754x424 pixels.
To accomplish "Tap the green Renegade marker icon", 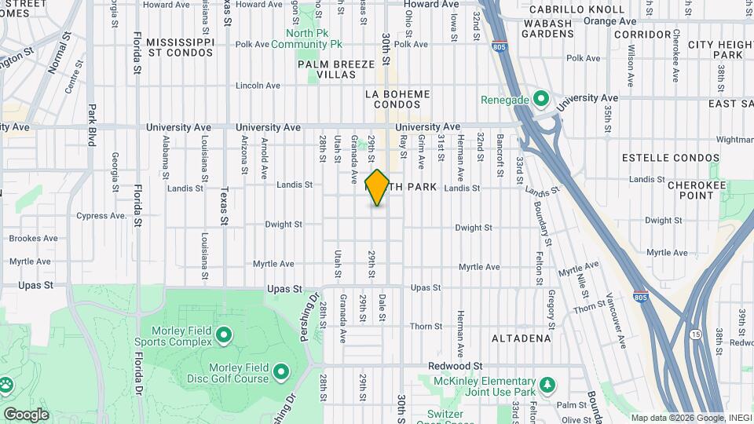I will (x=540, y=100).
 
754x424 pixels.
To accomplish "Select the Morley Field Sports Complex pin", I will (x=224, y=336).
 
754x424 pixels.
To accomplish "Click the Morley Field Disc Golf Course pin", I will (x=281, y=368).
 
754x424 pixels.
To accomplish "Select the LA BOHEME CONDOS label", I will (x=397, y=99).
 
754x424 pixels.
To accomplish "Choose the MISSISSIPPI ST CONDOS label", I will (x=180, y=46).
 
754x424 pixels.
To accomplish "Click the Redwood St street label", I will (x=456, y=367).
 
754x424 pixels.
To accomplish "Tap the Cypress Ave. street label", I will (x=102, y=216).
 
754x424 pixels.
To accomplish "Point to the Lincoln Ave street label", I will (x=258, y=86).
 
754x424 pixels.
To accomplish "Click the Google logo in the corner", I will (x=26, y=415).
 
